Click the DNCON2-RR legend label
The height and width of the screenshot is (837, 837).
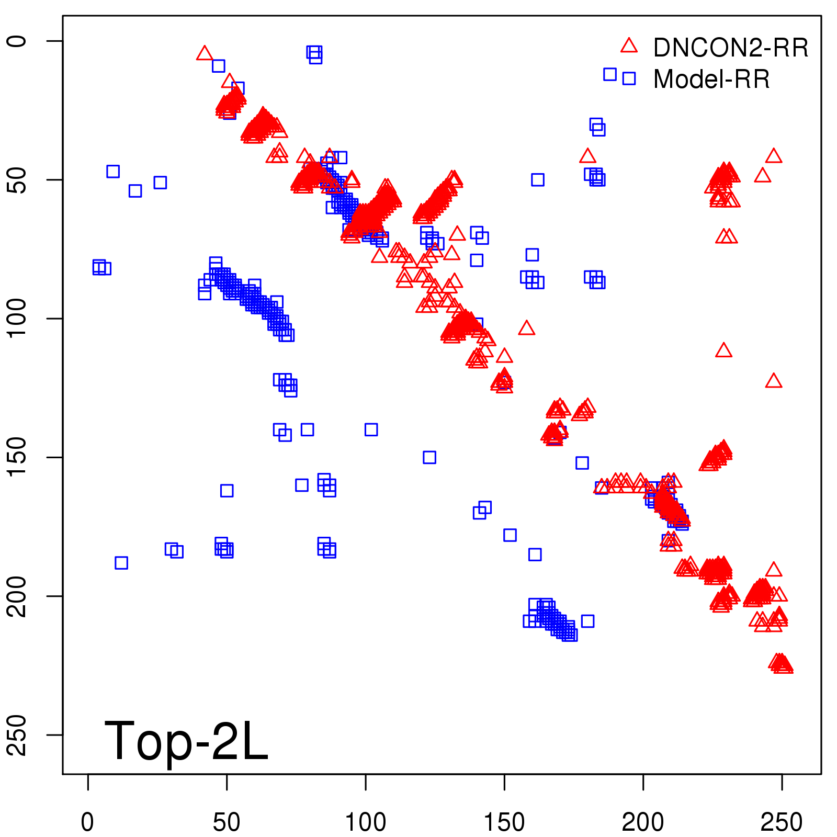(x=730, y=48)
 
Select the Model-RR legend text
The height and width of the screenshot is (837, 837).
(x=711, y=80)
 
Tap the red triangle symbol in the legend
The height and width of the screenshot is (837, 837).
(x=629, y=46)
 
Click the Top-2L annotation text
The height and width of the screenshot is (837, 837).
(x=186, y=741)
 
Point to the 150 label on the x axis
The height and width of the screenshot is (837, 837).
(x=504, y=822)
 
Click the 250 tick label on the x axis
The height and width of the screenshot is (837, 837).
(x=782, y=822)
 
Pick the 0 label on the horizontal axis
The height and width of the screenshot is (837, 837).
(x=88, y=822)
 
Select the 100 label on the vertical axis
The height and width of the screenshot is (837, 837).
(x=18, y=318)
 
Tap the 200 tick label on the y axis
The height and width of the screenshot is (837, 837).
(x=18, y=596)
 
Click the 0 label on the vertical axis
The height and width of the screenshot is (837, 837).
(x=18, y=41)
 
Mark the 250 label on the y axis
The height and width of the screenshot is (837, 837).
(x=18, y=734)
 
